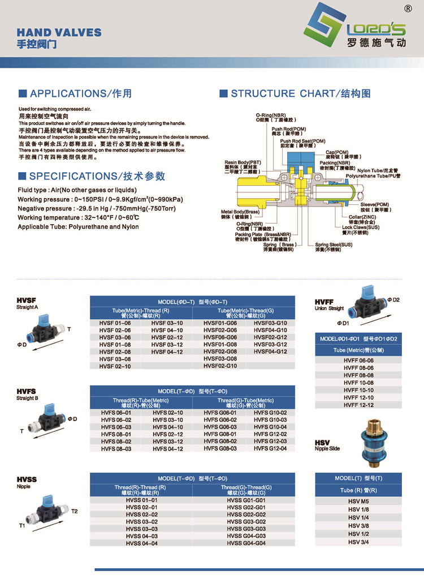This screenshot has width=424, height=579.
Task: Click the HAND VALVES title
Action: click(59, 32)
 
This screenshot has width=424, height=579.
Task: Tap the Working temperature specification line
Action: click(79, 217)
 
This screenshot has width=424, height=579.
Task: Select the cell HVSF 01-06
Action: click(115, 323)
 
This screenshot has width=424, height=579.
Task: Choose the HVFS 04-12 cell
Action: click(167, 449)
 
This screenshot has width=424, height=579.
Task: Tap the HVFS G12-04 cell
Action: click(270, 449)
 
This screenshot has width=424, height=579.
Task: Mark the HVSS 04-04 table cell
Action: click(141, 543)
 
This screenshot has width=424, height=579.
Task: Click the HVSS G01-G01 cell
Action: click(246, 500)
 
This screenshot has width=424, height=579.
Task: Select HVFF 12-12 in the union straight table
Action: click(358, 405)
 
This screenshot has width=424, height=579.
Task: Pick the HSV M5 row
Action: click(358, 501)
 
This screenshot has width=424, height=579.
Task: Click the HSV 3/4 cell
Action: click(358, 542)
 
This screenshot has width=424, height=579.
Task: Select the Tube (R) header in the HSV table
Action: click(358, 490)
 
